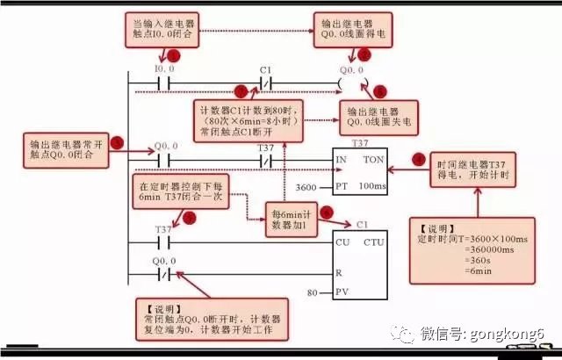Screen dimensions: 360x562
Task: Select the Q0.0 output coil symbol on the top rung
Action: click(350, 84)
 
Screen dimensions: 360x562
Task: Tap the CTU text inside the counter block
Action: click(373, 241)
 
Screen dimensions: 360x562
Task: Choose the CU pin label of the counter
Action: click(342, 241)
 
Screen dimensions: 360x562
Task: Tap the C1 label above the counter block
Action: click(362, 225)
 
